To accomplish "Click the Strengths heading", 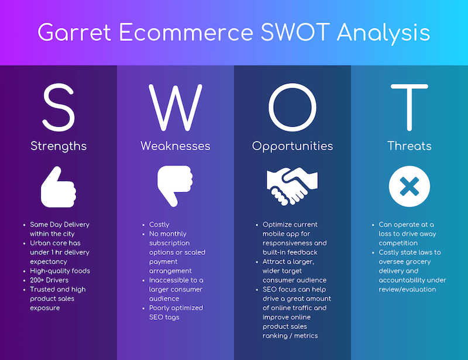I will [58, 146].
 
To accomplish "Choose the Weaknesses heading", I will [175, 146].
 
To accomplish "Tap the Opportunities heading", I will [292, 146].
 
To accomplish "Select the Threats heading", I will [409, 146].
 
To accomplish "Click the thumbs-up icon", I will [58, 187].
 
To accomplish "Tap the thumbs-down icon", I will [175, 186].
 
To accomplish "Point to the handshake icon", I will [292, 186].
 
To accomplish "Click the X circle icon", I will [409, 187].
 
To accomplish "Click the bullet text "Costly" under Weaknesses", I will [159, 224].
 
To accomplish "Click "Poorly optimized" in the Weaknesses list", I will [176, 308].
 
